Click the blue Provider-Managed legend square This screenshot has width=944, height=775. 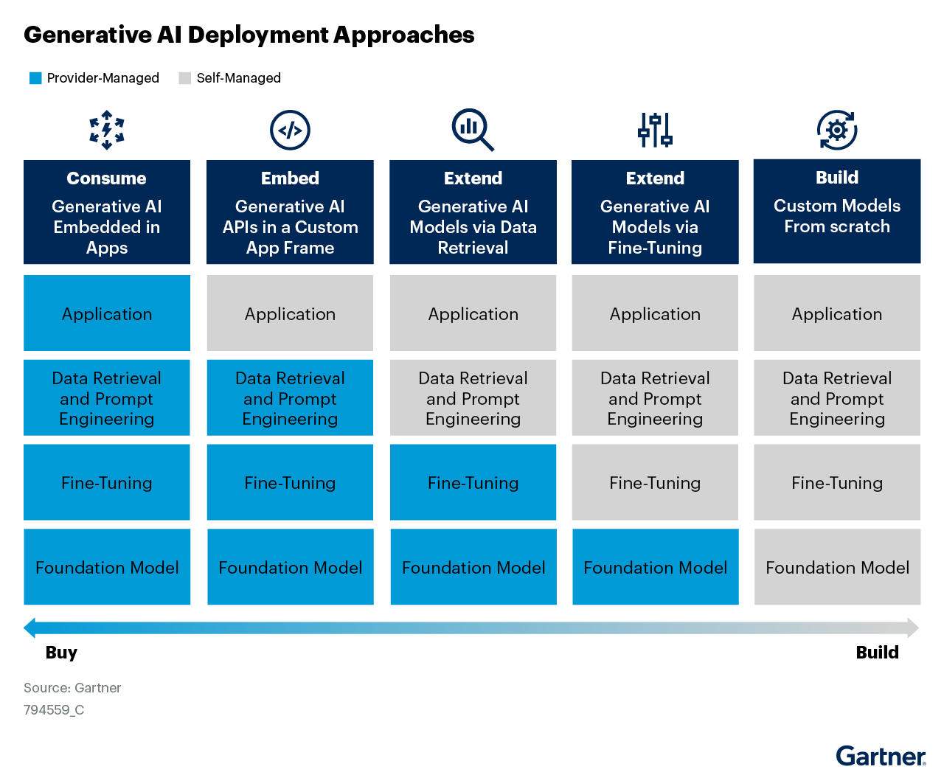[x=35, y=78]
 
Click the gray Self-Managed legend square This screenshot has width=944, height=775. [x=185, y=78]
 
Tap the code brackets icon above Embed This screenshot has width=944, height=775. [x=290, y=131]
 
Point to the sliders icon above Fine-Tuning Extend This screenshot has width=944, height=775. [x=655, y=130]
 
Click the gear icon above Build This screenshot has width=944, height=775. [x=837, y=131]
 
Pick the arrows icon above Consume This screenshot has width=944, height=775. [x=107, y=130]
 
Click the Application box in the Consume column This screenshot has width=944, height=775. [x=107, y=313]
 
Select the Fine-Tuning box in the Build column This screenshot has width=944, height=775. [x=837, y=482]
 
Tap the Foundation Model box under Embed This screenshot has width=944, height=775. [x=290, y=567]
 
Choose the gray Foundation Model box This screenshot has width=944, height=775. [x=837, y=567]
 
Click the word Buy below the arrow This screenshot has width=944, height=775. [x=61, y=653]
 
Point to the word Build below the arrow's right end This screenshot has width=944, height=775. [x=877, y=653]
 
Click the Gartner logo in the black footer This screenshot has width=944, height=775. [x=881, y=757]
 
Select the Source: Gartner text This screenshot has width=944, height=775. [x=72, y=688]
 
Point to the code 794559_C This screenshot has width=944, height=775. [x=54, y=710]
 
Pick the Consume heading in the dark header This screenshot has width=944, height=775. [x=106, y=178]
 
